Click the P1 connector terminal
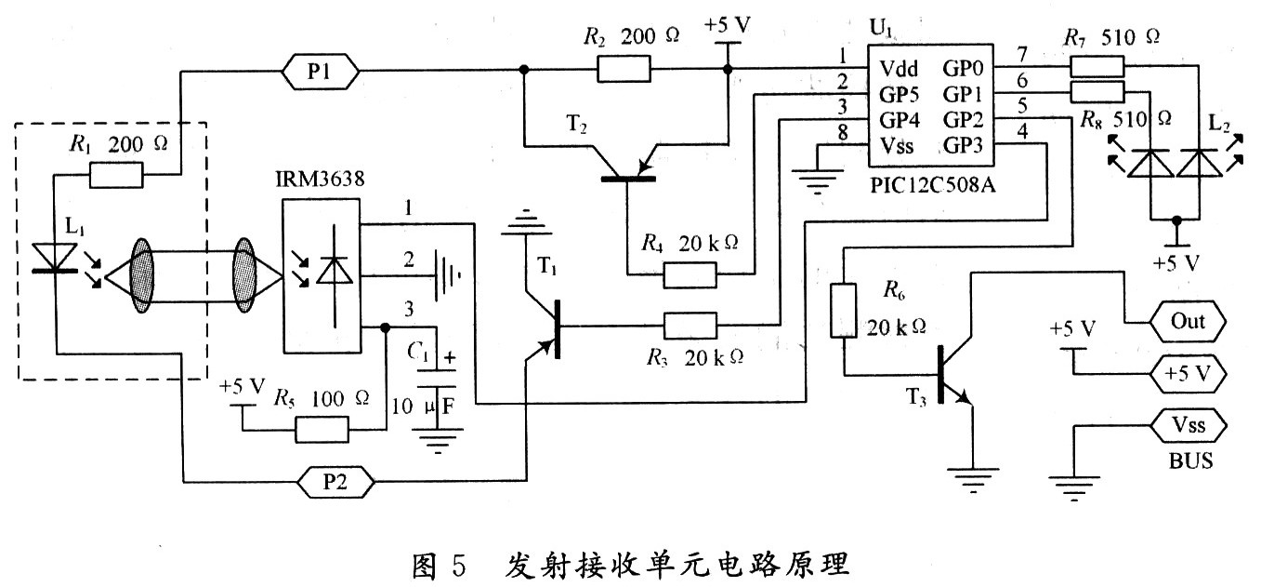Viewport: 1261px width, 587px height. coord(319,71)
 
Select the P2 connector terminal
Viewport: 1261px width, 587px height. coord(336,482)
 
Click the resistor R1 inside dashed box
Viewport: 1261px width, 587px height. coord(116,173)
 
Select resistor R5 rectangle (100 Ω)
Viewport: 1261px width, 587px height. coord(322,430)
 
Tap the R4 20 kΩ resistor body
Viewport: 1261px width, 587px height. coord(690,275)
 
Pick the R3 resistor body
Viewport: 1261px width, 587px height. coord(690,326)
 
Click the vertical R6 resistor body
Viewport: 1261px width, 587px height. coord(842,311)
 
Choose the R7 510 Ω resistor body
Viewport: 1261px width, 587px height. coord(1097,67)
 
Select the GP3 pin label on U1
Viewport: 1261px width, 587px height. coord(965,146)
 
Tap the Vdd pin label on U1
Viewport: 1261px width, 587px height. coord(899,68)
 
